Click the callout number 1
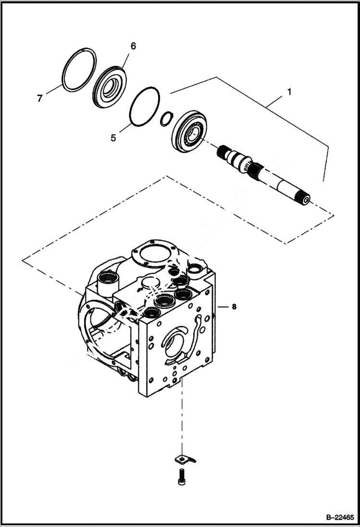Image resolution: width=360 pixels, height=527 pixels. point(289,91)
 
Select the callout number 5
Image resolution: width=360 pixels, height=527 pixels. point(113,137)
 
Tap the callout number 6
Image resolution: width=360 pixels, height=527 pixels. point(133,46)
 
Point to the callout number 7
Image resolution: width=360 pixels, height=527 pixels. point(40,98)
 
